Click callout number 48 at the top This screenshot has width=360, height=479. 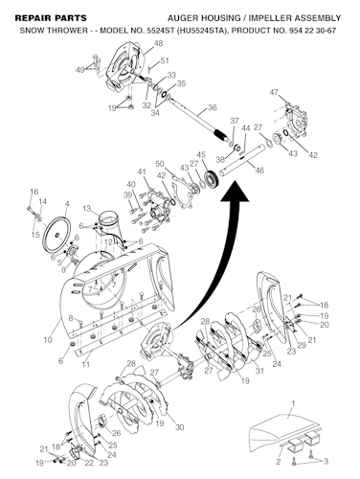(x=158, y=44)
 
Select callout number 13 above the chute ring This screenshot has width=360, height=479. (x=85, y=208)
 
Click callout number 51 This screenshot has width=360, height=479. (x=165, y=61)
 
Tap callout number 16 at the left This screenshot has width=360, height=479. (x=34, y=192)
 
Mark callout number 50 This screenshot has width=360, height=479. (x=160, y=164)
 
